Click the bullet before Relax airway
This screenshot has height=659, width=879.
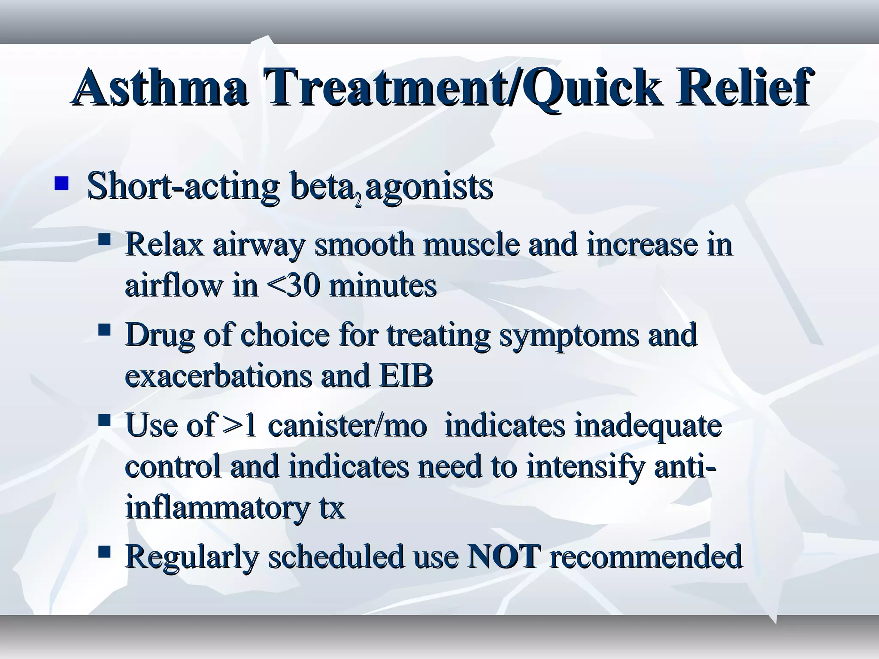(x=104, y=239)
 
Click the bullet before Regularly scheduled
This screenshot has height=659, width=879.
(x=104, y=551)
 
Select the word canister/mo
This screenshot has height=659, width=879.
(x=347, y=426)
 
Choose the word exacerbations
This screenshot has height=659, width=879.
(x=218, y=375)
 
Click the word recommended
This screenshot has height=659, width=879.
(x=646, y=556)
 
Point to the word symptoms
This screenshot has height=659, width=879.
(x=569, y=336)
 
